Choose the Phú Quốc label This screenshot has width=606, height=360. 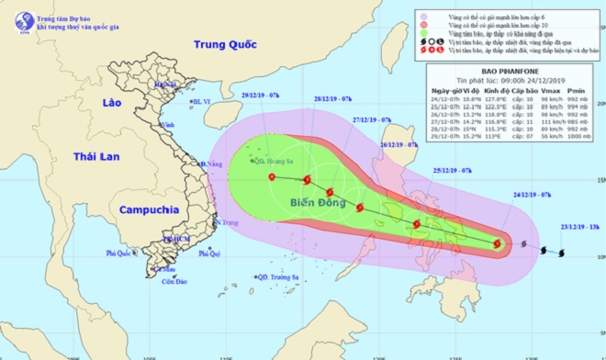[x=121, y=253]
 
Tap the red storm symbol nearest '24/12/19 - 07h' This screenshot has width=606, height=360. [x=497, y=244]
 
